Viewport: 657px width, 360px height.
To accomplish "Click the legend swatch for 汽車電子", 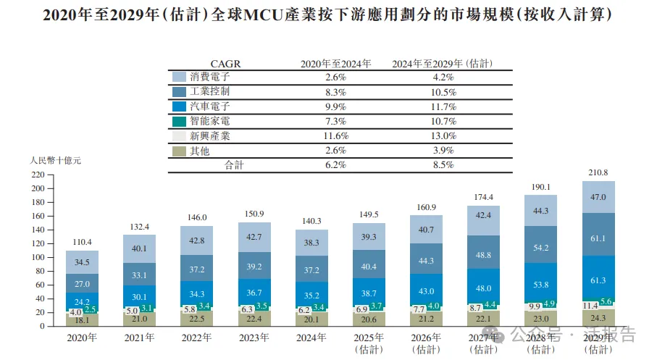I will (180, 106).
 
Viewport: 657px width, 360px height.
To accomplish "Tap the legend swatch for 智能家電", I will (180, 121).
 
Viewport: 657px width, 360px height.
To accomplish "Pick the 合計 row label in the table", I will (233, 165).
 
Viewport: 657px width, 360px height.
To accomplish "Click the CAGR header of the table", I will (225, 64).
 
